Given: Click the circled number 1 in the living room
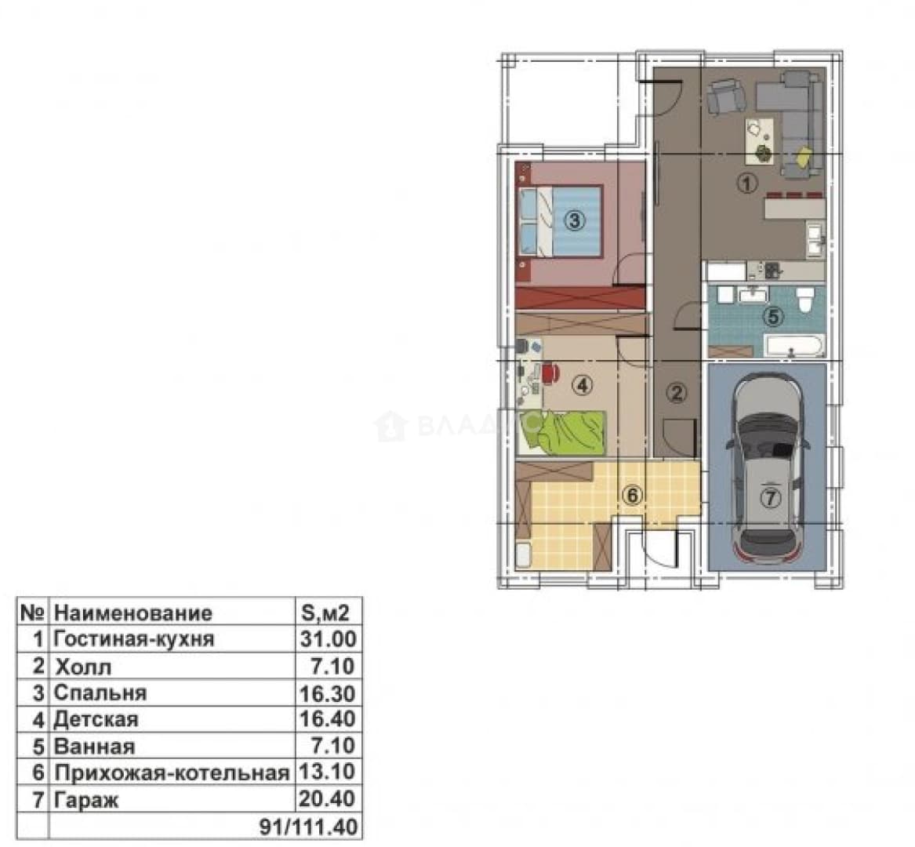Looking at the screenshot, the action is [747, 184].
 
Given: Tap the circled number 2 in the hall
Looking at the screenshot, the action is [677, 393].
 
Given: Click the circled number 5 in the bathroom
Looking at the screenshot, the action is [774, 317].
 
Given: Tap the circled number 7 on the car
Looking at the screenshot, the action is [771, 498].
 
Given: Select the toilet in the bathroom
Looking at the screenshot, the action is [804, 300].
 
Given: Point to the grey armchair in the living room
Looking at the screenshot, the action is [726, 96].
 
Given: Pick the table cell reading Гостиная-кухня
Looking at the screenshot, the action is [134, 639].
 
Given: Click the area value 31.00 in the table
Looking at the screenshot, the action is [328, 639].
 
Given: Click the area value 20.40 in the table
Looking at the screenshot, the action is [327, 798].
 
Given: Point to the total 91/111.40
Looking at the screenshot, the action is [308, 827].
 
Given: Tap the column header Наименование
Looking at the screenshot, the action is [133, 613].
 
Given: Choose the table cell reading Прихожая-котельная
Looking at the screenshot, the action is [172, 772].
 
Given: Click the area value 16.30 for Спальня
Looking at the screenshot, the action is [328, 693].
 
